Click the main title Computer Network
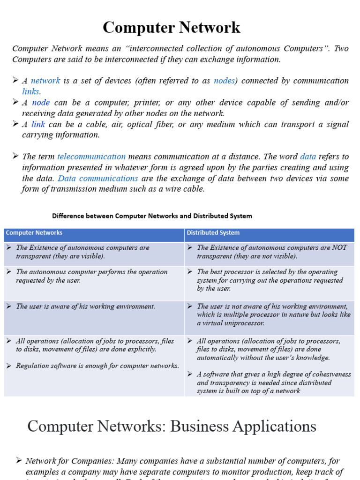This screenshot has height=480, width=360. [x=172, y=28]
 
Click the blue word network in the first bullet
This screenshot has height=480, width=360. [x=45, y=81]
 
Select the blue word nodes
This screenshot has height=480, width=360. [x=224, y=81]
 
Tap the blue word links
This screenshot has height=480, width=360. [x=31, y=91]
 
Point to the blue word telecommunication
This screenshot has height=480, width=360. [x=91, y=157]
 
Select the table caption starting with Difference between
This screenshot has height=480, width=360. [x=152, y=216]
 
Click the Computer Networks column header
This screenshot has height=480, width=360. [x=34, y=233]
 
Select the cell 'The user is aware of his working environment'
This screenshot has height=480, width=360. [x=85, y=307]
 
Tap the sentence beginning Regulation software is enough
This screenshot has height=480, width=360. [x=97, y=366]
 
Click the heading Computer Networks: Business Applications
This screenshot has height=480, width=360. [x=172, y=426]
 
